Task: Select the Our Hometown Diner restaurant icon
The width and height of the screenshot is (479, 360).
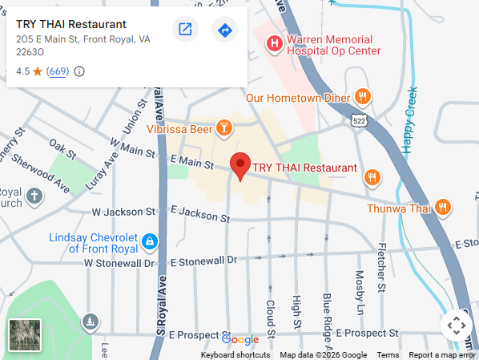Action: (363, 98)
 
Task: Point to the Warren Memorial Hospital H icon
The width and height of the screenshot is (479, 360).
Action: (275, 42)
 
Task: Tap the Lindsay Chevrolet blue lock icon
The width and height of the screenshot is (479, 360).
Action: (148, 241)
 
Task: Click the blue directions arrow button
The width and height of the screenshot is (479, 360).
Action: (224, 30)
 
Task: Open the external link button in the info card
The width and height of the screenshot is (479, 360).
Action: (185, 30)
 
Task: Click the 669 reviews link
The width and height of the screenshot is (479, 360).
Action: (58, 71)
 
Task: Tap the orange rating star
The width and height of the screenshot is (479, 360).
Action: (38, 71)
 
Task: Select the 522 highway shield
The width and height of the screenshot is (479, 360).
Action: (358, 120)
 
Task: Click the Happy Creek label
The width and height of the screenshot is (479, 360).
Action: (410, 120)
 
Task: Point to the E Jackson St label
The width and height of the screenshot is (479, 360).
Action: (200, 215)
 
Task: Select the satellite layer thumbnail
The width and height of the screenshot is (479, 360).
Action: (24, 335)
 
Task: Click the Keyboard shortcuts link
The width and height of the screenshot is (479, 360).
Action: (235, 355)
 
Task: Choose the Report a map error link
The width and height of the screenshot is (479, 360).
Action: (442, 355)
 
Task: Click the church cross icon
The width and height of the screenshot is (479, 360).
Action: (34, 196)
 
